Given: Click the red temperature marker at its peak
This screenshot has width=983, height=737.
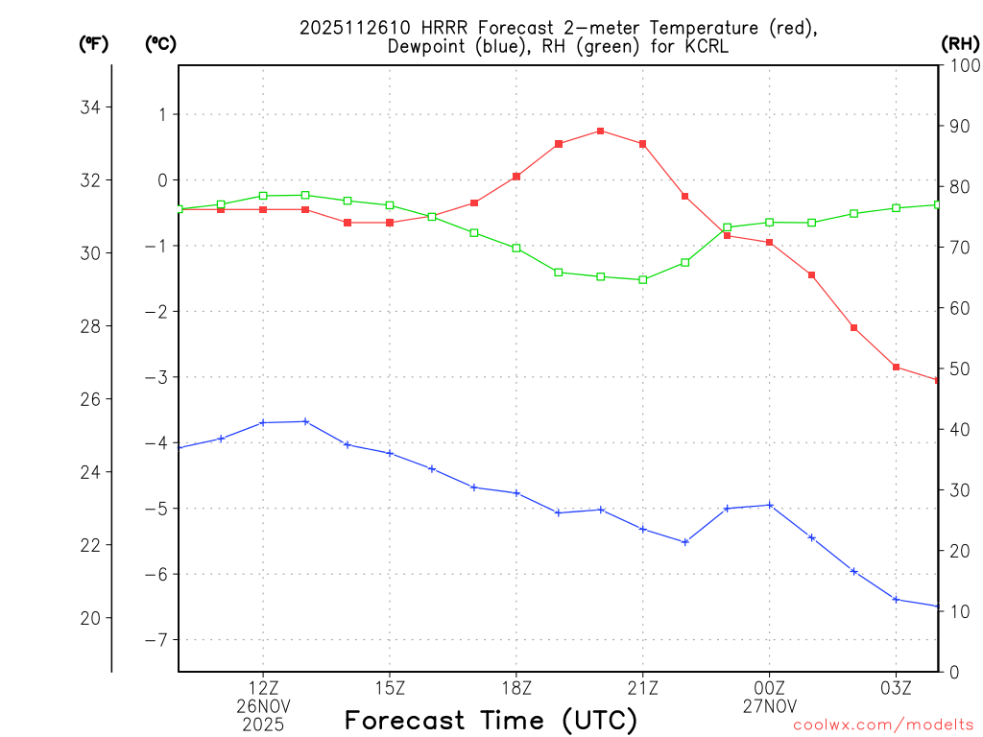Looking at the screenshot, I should (600, 131).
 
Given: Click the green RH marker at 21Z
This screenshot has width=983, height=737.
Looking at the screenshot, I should (643, 279).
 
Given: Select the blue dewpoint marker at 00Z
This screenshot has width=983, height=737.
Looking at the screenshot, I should (770, 505).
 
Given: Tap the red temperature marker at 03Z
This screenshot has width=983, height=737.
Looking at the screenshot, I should (896, 367).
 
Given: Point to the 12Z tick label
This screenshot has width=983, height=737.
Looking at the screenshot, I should (263, 688).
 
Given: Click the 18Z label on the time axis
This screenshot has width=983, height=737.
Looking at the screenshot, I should (516, 688).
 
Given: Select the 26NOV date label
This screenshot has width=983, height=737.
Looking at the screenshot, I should (263, 706).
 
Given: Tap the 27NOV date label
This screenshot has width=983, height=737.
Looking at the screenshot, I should (770, 706).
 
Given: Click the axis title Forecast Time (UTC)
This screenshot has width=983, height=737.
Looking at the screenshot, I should (491, 721).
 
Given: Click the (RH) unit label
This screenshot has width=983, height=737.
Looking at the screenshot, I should (959, 43).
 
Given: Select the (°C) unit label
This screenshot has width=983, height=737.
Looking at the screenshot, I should (161, 43).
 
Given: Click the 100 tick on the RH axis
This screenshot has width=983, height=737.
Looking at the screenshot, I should (961, 66).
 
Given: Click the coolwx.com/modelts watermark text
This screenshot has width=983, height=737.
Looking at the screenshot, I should (883, 725).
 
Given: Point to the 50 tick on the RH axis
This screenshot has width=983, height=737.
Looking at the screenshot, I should (956, 369).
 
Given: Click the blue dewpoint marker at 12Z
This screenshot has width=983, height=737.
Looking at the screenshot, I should (263, 422).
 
